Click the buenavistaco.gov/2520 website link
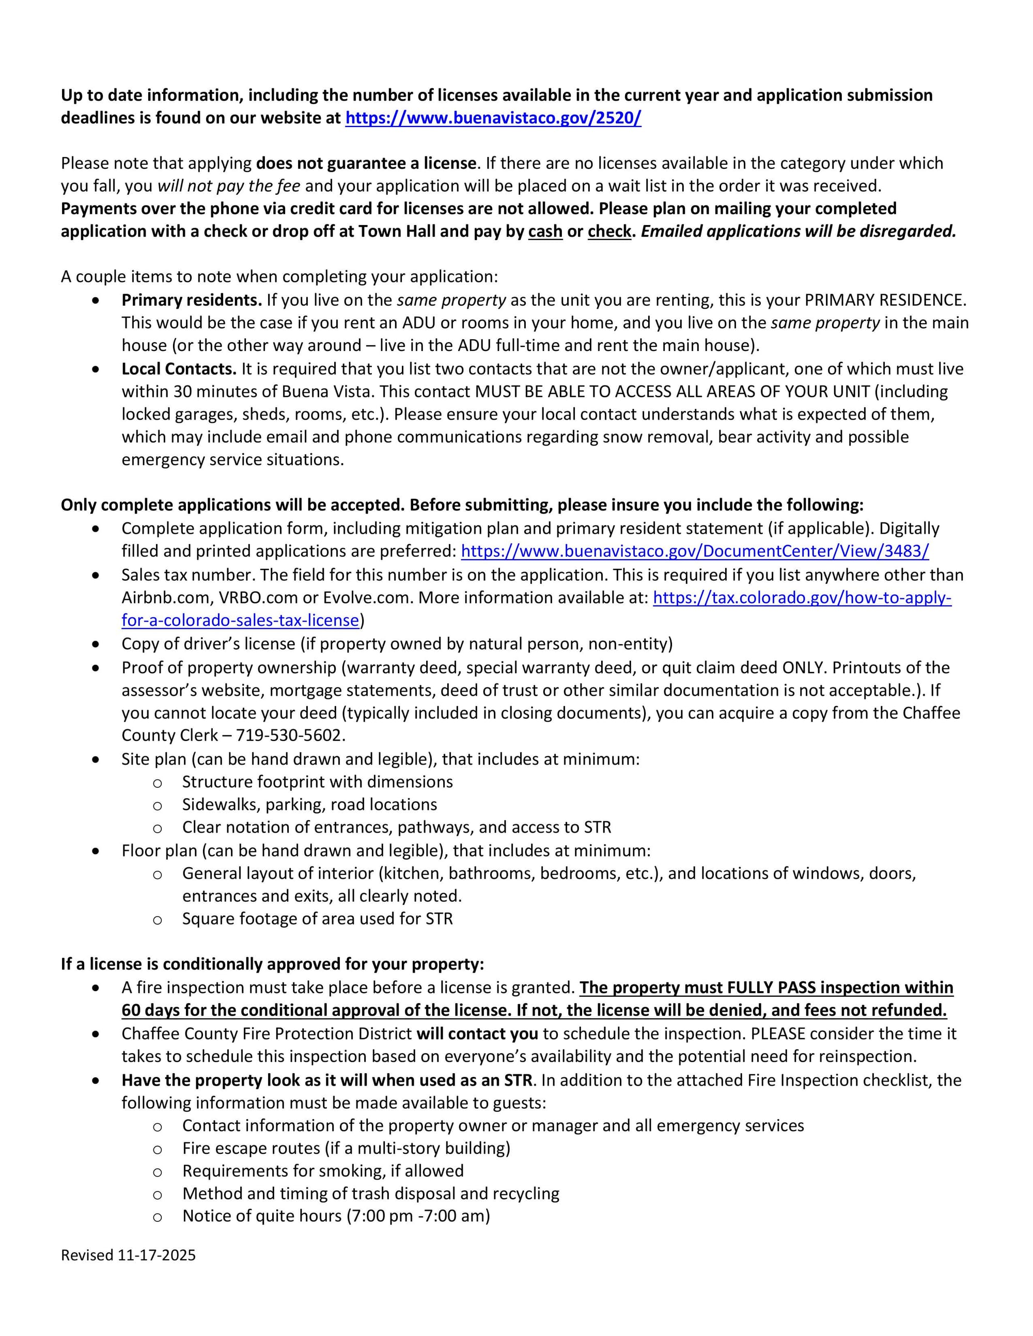point(493,118)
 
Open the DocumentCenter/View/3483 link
point(695,551)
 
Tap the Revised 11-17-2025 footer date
point(128,1255)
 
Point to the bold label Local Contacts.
point(179,369)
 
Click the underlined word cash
point(545,231)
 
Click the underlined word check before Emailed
point(609,231)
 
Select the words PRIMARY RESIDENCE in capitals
point(885,300)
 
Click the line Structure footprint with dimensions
point(318,782)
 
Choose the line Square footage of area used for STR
point(318,919)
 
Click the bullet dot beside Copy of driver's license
point(96,644)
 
